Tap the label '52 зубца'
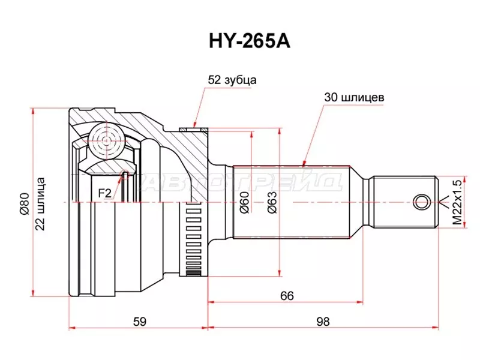click(232, 79)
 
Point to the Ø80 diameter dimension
click(25, 204)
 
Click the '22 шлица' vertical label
click(40, 204)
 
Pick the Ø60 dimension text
click(244, 204)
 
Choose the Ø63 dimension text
click(271, 204)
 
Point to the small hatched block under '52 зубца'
click(194, 127)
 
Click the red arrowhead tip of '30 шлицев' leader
click(305, 163)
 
